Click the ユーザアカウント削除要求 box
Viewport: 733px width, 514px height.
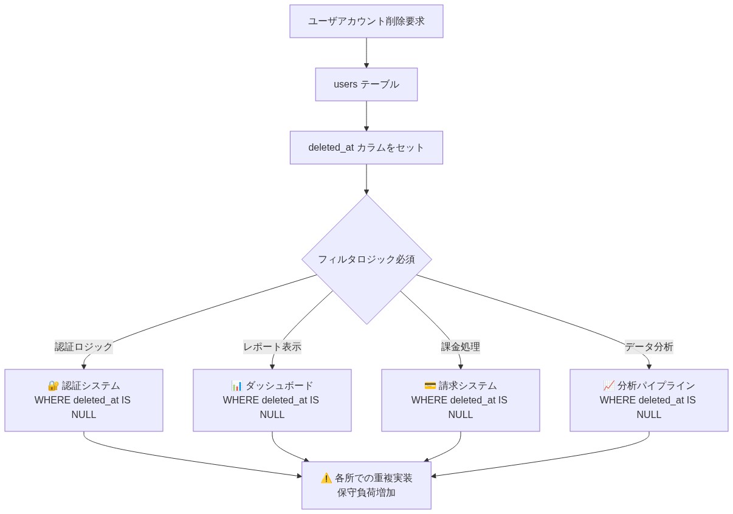pos(366,21)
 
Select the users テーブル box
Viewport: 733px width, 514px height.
pos(366,84)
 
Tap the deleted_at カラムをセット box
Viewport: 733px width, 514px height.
pos(366,148)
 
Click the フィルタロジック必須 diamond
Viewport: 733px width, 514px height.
pos(366,259)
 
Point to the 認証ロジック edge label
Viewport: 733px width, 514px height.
pos(83,347)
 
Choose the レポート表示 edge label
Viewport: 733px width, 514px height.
pos(272,347)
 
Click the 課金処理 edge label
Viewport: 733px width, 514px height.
pos(460,347)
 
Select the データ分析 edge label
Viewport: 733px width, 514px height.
pos(649,347)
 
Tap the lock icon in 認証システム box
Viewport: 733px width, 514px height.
pos(53,386)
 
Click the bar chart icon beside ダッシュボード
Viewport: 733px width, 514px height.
pos(236,386)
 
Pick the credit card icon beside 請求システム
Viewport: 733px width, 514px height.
pos(430,386)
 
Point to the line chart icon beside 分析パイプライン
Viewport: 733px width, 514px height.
pos(608,386)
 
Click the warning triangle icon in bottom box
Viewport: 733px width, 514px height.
pos(326,478)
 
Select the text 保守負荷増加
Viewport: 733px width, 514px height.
pos(366,493)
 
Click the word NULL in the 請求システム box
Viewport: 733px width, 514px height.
pos(460,415)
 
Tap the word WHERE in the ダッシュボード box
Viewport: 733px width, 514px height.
pos(241,400)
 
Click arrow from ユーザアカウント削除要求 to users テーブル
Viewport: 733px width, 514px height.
pos(366,53)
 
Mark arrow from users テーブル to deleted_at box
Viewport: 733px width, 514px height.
pos(366,116)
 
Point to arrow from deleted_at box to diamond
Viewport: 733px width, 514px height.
pos(366,179)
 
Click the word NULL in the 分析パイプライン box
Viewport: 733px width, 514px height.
pos(649,415)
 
